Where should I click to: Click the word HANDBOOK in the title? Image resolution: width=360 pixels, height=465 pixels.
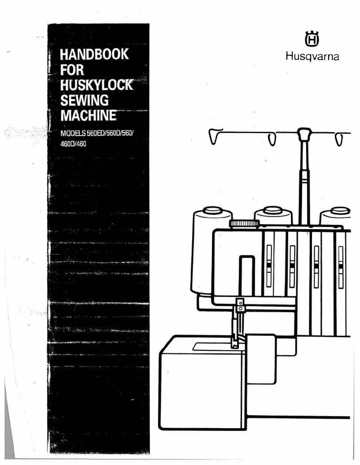pos(92,55)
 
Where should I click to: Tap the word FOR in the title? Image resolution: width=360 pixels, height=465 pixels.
pos(66,71)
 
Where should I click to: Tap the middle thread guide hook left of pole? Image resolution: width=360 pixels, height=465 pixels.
pos(272,139)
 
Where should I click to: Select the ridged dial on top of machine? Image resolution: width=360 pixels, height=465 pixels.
pos(244,223)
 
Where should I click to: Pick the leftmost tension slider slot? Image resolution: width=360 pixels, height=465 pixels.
pos(269,266)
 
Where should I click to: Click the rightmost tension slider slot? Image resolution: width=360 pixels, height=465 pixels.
pos(341,266)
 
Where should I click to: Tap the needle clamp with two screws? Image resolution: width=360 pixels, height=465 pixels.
pos(241,305)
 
